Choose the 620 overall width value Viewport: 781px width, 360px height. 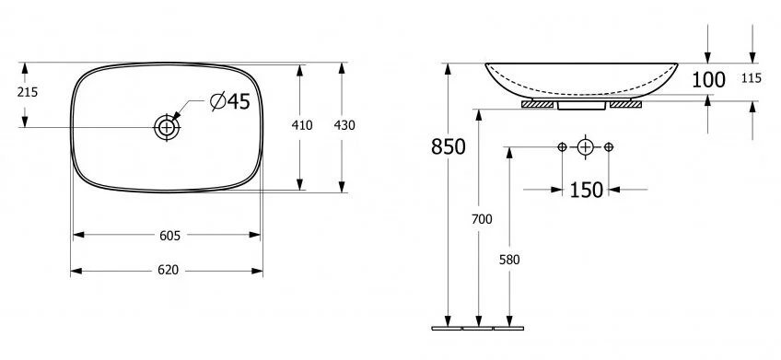[x=167, y=271]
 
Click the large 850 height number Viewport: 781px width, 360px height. [x=448, y=146]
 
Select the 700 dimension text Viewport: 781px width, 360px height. [x=482, y=219]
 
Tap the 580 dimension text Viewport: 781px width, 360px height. [x=510, y=260]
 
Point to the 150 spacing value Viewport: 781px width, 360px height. [x=586, y=190]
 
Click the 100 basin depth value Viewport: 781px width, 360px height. [x=708, y=80]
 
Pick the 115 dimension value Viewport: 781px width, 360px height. [x=751, y=79]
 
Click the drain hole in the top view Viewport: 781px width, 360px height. [x=167, y=126]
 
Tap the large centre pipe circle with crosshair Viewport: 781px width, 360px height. [x=585, y=147]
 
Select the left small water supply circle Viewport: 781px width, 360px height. [x=562, y=147]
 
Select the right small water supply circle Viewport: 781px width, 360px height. [x=609, y=147]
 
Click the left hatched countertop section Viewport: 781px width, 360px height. [x=537, y=104]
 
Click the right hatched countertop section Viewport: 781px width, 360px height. [x=624, y=104]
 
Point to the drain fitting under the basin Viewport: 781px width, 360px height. [x=580, y=104]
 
